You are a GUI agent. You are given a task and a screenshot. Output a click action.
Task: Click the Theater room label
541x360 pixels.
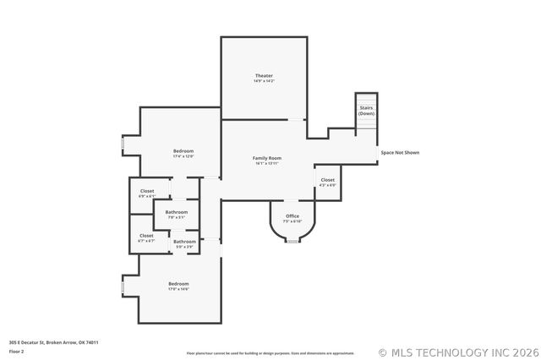tap(265, 79)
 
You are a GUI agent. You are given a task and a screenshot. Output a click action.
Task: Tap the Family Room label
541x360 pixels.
tap(267, 160)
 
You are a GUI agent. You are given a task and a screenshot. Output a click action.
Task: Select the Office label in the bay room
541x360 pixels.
tap(292, 218)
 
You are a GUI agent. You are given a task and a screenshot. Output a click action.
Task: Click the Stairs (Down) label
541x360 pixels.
tap(366, 111)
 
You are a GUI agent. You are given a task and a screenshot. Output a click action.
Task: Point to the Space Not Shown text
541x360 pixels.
tap(399, 153)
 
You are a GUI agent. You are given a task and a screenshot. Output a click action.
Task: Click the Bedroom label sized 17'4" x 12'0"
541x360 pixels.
tap(183, 153)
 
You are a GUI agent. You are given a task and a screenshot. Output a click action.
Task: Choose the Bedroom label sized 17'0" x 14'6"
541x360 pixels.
tap(178, 286)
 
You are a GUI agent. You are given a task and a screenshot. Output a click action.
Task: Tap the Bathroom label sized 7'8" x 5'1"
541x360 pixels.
tap(176, 214)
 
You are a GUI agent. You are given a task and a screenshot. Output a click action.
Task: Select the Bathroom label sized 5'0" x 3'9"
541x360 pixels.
tap(184, 243)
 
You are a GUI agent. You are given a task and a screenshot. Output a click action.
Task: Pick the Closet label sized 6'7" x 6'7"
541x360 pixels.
tap(146, 237)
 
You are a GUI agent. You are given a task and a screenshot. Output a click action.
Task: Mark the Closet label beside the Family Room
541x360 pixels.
tap(327, 182)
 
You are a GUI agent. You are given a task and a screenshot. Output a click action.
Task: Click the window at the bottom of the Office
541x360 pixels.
tap(292, 241)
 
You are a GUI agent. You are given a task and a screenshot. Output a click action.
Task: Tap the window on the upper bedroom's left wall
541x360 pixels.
tap(123, 145)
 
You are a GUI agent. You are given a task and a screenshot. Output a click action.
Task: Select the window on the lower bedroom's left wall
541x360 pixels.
tap(123, 287)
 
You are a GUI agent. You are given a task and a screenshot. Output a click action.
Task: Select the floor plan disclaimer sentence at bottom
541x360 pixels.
tap(270, 352)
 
